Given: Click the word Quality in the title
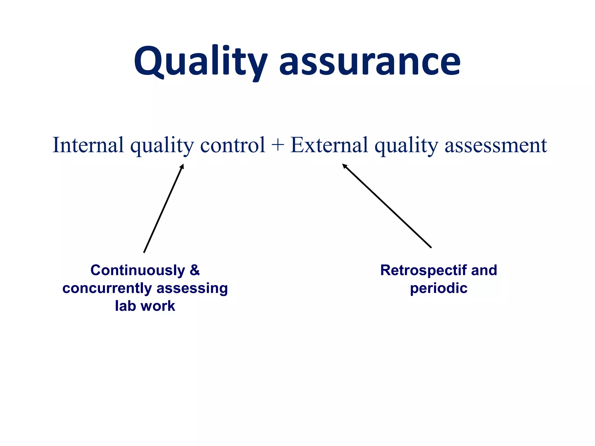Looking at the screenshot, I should (200, 62).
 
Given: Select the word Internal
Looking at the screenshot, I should (88, 145).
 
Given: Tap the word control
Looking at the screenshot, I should (233, 145).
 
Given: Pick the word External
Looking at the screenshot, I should (329, 145).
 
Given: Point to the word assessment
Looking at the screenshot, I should (496, 145).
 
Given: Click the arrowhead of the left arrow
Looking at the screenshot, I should (182, 166).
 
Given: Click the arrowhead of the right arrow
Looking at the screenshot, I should (345, 166).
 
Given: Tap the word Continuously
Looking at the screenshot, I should (138, 270).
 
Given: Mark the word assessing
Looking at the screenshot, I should (192, 288).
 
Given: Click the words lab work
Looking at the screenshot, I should (145, 306).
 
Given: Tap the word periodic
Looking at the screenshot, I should (439, 288).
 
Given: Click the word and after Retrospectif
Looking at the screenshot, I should (484, 270).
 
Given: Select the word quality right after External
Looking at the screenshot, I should (406, 145).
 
